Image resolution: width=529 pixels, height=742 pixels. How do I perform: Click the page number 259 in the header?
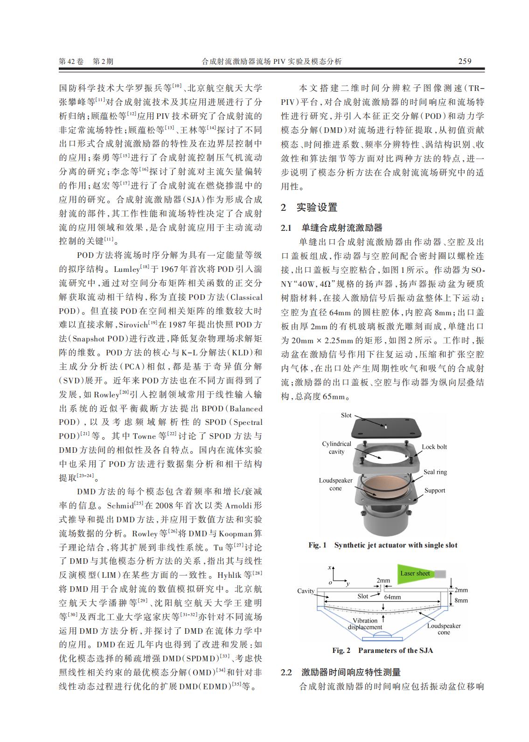[x=465, y=61]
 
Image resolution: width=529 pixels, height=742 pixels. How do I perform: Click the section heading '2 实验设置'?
[x=309, y=208]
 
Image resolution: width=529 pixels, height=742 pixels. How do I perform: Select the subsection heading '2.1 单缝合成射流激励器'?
[x=331, y=228]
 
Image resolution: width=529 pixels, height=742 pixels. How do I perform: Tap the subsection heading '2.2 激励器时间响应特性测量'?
[x=340, y=672]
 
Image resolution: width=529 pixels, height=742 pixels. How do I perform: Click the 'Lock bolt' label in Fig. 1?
[x=434, y=447]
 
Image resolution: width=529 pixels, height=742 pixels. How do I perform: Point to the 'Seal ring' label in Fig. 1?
[x=435, y=472]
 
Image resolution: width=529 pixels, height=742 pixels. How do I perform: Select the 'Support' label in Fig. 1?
[x=434, y=490]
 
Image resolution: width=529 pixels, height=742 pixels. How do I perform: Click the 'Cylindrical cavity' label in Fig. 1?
[x=336, y=448]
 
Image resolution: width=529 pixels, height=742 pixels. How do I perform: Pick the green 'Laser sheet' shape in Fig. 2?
[x=415, y=573]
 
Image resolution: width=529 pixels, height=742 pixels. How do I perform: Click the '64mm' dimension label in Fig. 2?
[x=392, y=596]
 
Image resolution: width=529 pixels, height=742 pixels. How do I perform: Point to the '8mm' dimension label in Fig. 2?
[x=461, y=600]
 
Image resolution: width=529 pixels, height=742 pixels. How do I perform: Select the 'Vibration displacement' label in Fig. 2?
[x=365, y=624]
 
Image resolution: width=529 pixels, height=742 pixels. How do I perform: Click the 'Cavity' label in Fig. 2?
[x=306, y=591]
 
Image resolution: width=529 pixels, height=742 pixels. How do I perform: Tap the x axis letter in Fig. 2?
[x=330, y=567]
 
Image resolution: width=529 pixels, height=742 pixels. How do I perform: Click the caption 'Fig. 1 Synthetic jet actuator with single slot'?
[x=383, y=545]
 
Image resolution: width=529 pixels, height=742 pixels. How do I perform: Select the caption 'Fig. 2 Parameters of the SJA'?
[x=382, y=650]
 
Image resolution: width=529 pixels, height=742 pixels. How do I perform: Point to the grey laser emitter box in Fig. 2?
[x=441, y=573]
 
